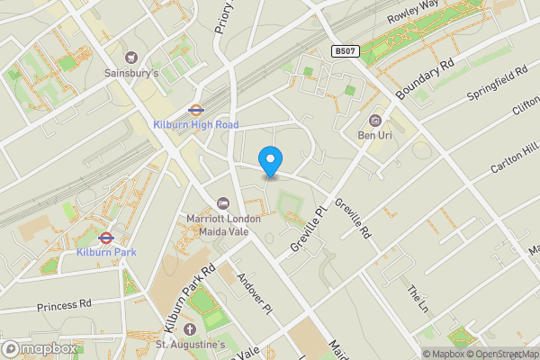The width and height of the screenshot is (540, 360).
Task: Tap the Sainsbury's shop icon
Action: [131, 57]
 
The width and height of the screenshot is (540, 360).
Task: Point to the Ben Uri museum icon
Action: [375, 121]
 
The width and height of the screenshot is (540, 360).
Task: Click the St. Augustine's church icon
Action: [189, 328]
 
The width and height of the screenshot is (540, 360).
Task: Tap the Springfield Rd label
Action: [496, 84]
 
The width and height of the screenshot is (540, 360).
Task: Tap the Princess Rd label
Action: [64, 305]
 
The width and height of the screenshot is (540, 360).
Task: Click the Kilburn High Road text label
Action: [196, 125]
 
